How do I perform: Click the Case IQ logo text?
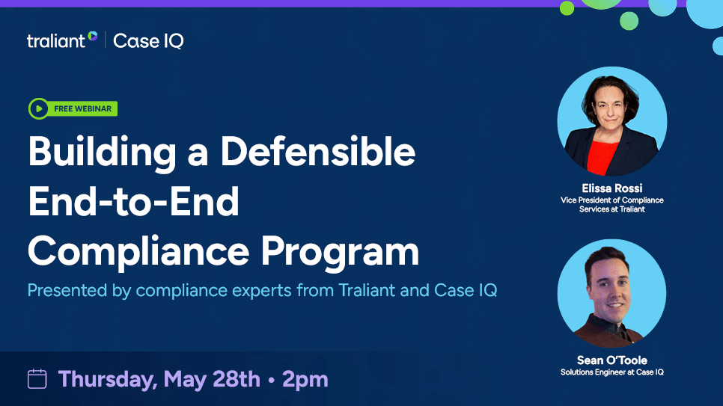148,41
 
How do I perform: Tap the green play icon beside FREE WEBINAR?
38,109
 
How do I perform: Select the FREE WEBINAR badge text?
82,109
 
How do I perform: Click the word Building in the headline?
95,153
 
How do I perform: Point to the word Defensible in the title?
317,153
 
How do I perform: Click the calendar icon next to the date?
37,379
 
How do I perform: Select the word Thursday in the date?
104,379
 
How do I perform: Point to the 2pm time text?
305,379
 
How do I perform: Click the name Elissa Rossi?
611,188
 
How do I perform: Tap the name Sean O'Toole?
611,360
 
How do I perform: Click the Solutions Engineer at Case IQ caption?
611,372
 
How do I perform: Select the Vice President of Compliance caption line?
611,200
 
